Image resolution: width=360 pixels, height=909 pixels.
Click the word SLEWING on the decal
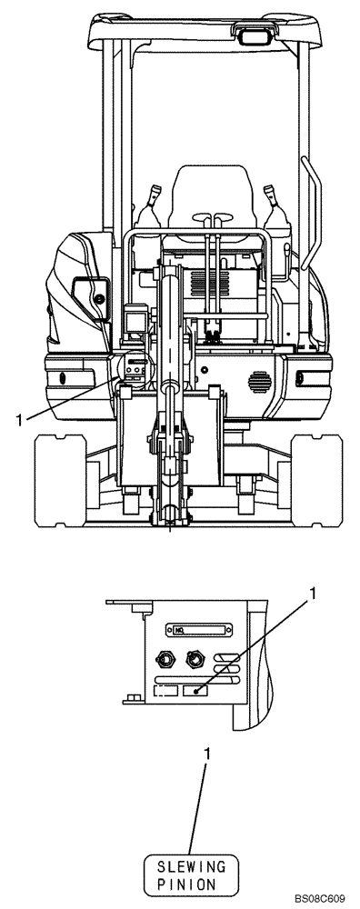(x=191, y=868)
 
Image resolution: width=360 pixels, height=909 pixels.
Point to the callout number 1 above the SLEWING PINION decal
(x=207, y=754)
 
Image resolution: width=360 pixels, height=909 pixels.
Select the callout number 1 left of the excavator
(x=19, y=419)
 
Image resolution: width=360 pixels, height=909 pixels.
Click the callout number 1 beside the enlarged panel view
(x=314, y=594)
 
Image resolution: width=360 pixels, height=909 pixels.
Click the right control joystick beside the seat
(x=275, y=209)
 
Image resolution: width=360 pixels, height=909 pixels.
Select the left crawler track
(x=60, y=481)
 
